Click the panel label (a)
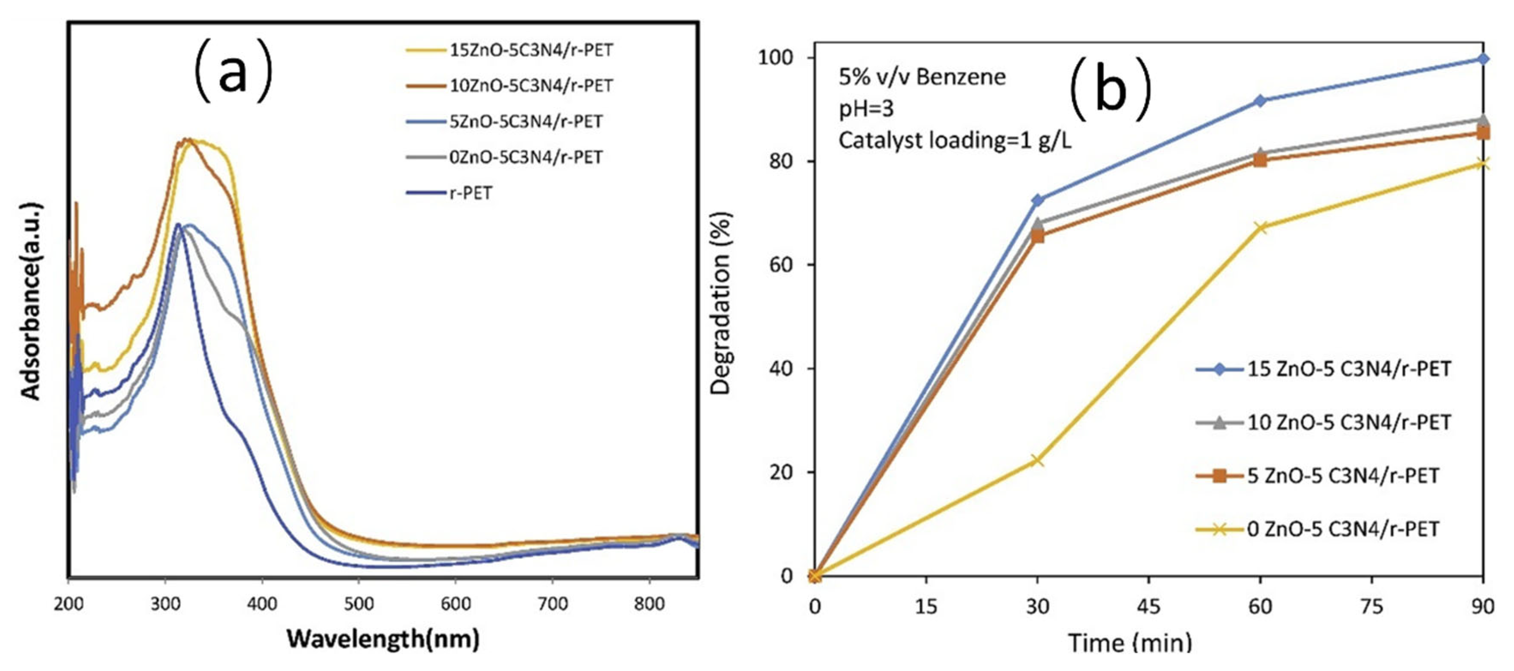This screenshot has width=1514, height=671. click(233, 72)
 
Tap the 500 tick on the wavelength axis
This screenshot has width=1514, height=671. click(358, 604)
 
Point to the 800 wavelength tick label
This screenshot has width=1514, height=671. click(649, 604)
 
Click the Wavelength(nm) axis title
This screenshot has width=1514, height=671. click(383, 639)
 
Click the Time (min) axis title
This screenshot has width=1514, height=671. click(1130, 643)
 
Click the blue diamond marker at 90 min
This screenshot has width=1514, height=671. click(1483, 59)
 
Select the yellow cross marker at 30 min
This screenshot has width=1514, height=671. click(1038, 461)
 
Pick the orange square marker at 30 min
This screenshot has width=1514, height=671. click(1038, 236)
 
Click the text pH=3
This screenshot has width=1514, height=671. click(866, 109)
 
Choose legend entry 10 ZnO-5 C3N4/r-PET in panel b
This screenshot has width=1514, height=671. click(1349, 422)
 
